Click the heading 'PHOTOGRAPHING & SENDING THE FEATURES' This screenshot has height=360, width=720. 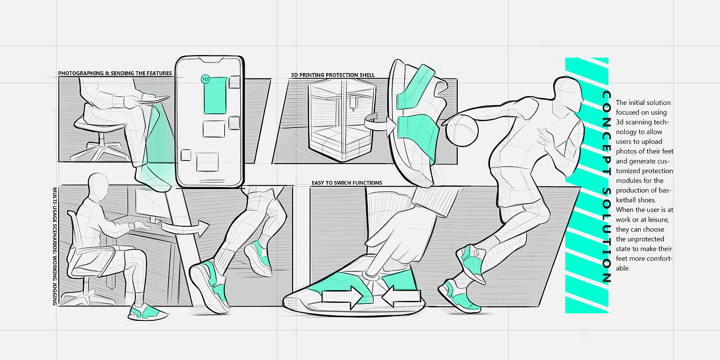point(115,74)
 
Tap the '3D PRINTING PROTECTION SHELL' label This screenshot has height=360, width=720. point(332,75)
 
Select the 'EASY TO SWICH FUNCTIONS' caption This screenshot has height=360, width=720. point(347,183)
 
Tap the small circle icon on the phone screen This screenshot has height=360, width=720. point(205,79)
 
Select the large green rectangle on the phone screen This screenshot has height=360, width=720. point(215,95)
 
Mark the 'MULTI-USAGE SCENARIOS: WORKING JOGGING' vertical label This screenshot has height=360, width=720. point(54,246)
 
